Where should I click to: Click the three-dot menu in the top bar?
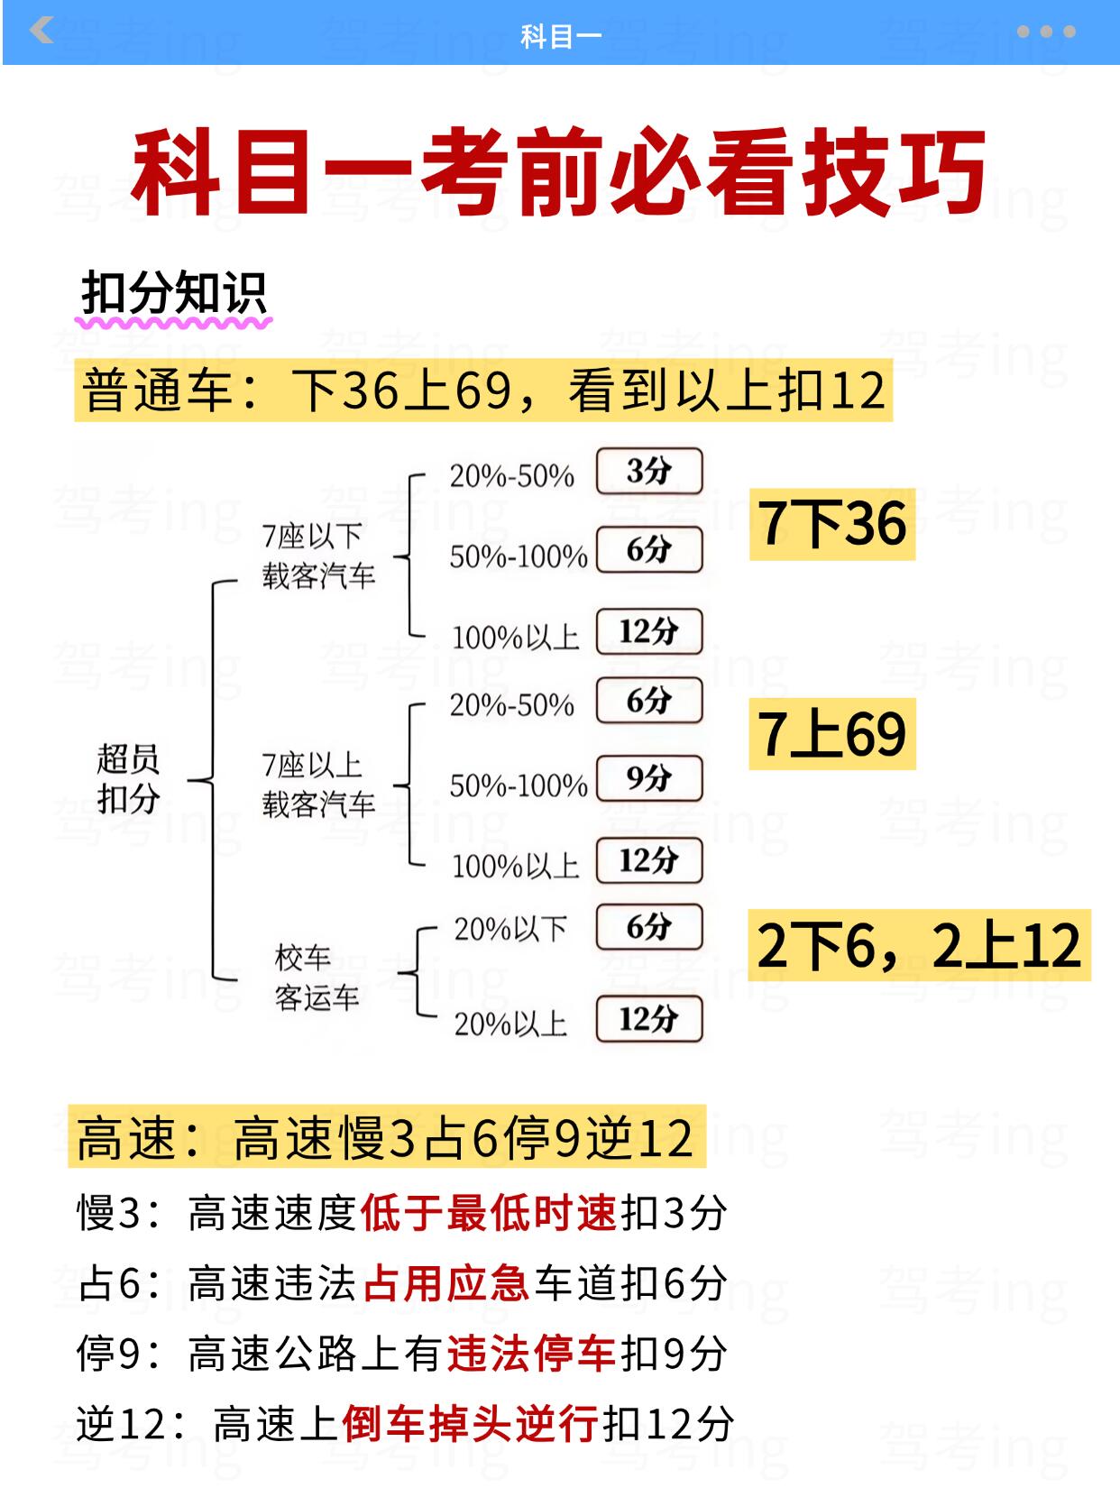click(x=1045, y=32)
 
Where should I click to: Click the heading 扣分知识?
click(x=174, y=293)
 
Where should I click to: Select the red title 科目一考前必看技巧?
click(x=559, y=172)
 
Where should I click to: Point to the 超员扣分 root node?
click(x=128, y=779)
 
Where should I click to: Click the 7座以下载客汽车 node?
click(x=318, y=556)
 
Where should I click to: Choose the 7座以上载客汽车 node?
click(x=318, y=785)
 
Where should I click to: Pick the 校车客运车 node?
click(x=317, y=978)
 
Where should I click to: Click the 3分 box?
click(x=648, y=471)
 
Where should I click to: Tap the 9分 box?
click(x=648, y=778)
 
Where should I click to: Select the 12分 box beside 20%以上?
click(x=648, y=1019)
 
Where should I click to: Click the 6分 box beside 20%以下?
click(x=648, y=927)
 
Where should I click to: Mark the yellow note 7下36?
click(x=831, y=524)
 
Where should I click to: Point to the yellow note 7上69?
click(x=831, y=734)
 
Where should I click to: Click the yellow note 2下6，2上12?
click(x=918, y=945)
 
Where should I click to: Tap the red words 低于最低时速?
click(x=489, y=1213)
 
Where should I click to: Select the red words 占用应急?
click(x=446, y=1283)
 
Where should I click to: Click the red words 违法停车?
click(x=531, y=1354)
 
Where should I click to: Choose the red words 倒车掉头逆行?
click(x=470, y=1424)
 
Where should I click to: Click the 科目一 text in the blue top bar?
click(x=560, y=36)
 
